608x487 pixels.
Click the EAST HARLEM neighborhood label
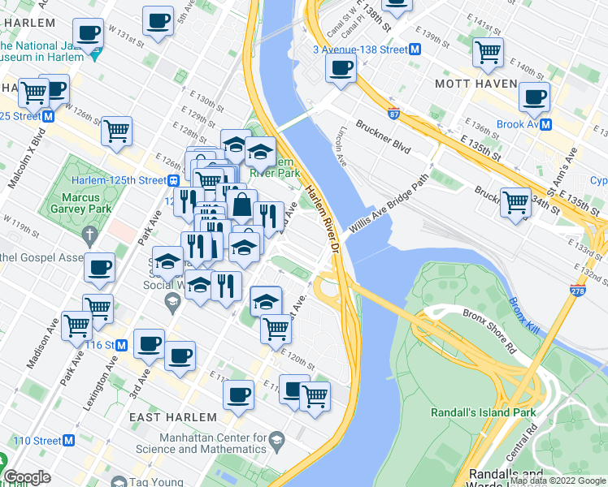point(173,417)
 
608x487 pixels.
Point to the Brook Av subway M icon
point(546,124)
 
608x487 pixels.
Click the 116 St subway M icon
point(121,345)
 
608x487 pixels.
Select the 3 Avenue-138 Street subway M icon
point(415,50)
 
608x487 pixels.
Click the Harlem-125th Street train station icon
point(172,179)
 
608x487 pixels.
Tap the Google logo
point(27,477)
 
